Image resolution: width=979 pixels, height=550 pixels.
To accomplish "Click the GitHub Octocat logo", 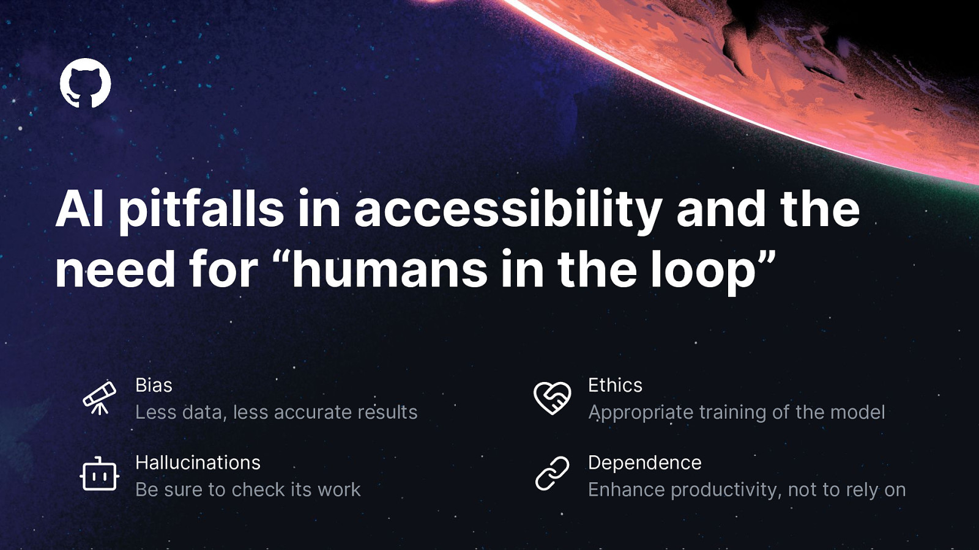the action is pyautogui.click(x=85, y=83).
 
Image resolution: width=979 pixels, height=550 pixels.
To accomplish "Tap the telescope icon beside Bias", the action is pyautogui.click(x=100, y=398).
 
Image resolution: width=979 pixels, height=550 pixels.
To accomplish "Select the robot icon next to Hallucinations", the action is pyautogui.click(x=100, y=474).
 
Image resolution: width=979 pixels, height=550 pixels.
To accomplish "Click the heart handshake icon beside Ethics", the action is pyautogui.click(x=552, y=397).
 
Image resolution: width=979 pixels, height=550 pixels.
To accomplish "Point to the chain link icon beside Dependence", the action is pyautogui.click(x=553, y=474).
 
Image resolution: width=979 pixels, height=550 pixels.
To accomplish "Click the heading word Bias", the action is pyautogui.click(x=154, y=386).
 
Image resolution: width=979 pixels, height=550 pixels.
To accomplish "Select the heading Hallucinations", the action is pyautogui.click(x=198, y=463).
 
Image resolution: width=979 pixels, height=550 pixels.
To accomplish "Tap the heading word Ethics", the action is pyautogui.click(x=616, y=386).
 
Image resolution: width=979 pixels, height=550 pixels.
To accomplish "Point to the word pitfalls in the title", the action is pyautogui.click(x=201, y=210).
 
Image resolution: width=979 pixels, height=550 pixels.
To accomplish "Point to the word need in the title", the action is pyautogui.click(x=115, y=268).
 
